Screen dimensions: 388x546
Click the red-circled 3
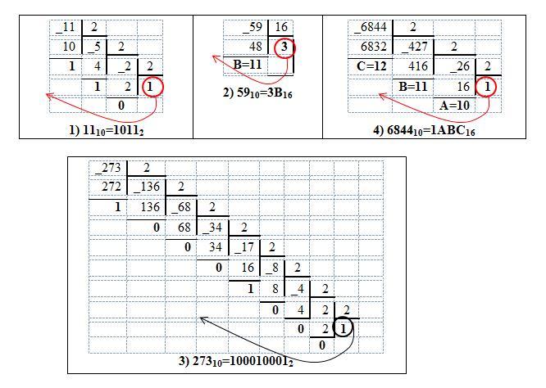pos(283,47)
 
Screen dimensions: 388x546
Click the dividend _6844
pos(371,28)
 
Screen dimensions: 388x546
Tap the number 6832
pos(371,47)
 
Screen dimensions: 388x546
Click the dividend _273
pos(109,169)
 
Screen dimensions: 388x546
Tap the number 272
pos(109,187)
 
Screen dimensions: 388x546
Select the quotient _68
pos(183,206)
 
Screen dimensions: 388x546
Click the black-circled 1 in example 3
pos(346,327)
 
